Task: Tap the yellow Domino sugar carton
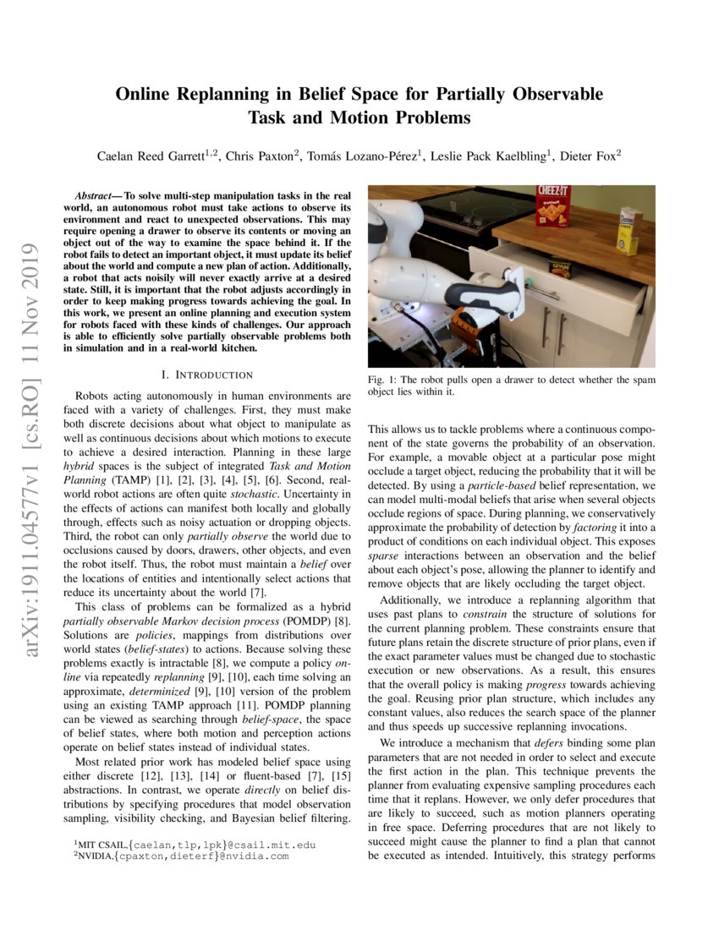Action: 628,231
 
